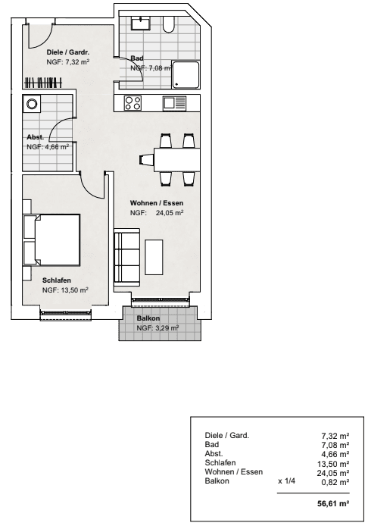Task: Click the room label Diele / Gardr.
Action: (x=68, y=52)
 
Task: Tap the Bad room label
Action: (x=137, y=58)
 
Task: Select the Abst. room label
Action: (x=36, y=137)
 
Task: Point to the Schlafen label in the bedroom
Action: (x=57, y=280)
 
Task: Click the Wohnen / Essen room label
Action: (x=157, y=203)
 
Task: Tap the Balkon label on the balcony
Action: (x=148, y=319)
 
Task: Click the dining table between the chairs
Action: (x=174, y=159)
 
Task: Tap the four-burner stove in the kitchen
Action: (x=133, y=103)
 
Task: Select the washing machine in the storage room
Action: (x=32, y=104)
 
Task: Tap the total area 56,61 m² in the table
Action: (x=332, y=503)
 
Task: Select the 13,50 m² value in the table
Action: (x=333, y=463)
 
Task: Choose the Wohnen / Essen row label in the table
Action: (x=234, y=472)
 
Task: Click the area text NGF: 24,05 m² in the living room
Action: (x=157, y=214)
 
